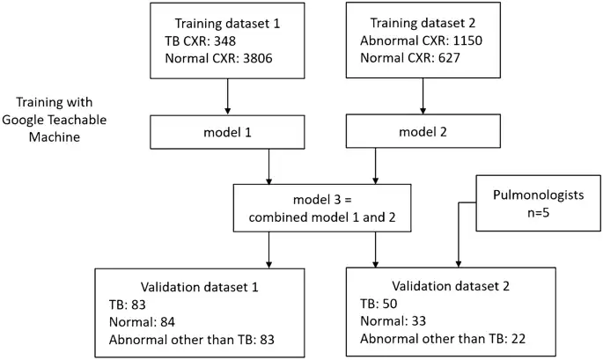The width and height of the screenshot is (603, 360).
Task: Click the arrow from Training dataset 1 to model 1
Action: click(228, 94)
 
